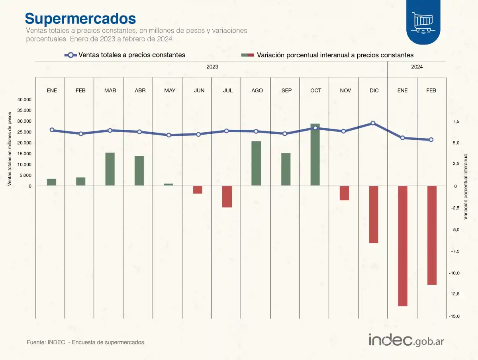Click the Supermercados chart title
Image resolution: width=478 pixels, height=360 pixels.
tap(80, 18)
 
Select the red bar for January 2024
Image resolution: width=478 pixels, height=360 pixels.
tap(403, 246)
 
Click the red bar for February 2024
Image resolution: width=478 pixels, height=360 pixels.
tap(432, 235)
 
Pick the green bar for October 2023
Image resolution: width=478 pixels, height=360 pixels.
tap(315, 155)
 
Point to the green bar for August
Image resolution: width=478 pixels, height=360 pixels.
tap(256, 163)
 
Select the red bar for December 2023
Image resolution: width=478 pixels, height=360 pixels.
tap(373, 214)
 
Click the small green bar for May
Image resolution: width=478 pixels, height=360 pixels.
tap(168, 184)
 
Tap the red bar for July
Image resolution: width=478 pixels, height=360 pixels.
tap(227, 196)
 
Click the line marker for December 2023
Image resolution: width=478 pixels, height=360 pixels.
tap(373, 123)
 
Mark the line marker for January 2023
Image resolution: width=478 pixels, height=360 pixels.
tap(52, 130)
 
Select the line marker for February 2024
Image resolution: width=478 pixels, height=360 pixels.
tap(431, 140)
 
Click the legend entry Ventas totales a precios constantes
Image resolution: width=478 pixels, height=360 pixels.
tap(125, 55)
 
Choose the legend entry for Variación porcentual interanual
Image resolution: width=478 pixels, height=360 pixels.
tap(327, 55)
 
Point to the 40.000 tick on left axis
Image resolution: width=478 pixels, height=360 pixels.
tap(24, 100)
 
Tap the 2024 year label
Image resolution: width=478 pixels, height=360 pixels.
tap(417, 67)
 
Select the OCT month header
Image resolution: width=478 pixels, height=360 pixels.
tap(315, 90)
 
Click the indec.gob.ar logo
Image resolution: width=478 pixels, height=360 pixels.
tap(406, 340)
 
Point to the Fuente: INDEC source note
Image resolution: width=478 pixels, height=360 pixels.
tap(86, 342)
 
